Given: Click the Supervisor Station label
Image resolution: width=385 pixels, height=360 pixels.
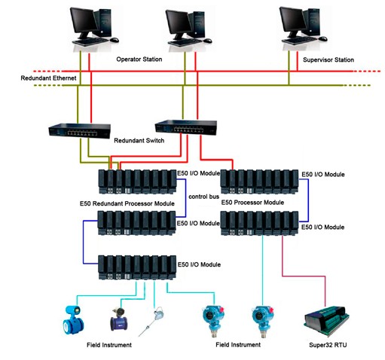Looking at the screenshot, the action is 328,59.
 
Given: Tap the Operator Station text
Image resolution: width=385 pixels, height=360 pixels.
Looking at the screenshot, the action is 139,59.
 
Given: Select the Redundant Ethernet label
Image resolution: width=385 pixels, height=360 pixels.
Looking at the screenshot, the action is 48,78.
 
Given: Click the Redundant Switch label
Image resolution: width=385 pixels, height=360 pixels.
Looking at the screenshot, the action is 139,140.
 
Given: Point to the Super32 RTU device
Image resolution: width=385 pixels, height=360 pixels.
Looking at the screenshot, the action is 326,321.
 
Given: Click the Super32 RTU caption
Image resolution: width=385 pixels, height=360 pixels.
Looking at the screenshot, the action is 328,345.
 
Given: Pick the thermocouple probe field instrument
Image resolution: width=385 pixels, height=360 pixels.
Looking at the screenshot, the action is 151,322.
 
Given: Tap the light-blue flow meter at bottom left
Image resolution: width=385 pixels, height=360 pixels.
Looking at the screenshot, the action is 73,320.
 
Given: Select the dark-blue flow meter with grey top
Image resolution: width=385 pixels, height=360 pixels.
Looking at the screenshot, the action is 119,319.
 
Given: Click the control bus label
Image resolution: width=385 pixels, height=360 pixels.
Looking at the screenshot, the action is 203,197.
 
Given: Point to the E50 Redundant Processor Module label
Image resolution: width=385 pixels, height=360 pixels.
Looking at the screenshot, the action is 127,203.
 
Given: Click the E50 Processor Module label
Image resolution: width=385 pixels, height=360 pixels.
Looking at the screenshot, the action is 252,203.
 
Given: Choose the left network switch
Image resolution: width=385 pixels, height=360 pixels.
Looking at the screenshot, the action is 79,130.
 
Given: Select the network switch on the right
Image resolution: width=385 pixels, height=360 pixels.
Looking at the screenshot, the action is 186,127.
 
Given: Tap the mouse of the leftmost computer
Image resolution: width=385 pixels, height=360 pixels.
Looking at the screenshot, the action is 114,40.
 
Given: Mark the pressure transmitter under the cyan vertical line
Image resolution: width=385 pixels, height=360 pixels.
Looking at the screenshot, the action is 262,322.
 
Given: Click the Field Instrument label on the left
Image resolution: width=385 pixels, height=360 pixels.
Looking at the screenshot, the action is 109,345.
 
